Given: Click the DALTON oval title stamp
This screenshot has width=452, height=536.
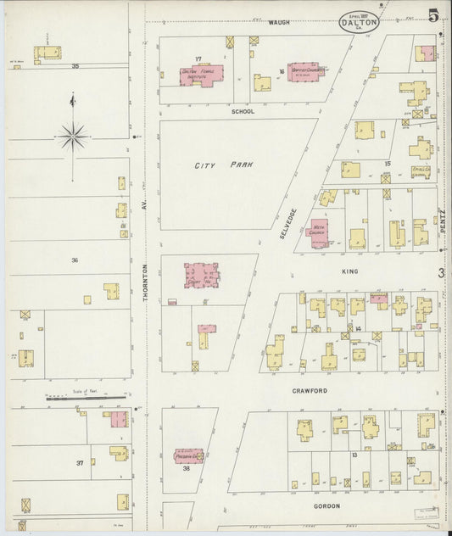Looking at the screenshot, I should click(359, 22).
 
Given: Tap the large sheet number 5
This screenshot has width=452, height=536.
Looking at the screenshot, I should click(433, 15).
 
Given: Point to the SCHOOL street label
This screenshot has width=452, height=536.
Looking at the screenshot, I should click(243, 111).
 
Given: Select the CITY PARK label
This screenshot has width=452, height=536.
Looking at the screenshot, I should click(224, 165).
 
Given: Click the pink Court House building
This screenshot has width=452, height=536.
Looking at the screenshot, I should click(202, 274).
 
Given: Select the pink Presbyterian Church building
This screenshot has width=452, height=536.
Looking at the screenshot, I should click(189, 456).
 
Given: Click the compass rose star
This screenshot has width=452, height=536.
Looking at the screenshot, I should click(74, 133).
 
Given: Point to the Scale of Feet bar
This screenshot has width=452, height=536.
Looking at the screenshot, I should click(85, 396).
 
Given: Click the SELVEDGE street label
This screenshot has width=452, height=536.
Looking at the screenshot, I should click(286, 220).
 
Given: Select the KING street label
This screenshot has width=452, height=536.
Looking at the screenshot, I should click(349, 271).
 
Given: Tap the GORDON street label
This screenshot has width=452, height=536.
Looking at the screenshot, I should click(326, 505).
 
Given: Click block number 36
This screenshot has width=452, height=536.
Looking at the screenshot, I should click(75, 260).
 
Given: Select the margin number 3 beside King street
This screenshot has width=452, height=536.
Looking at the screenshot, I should click(441, 273).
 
